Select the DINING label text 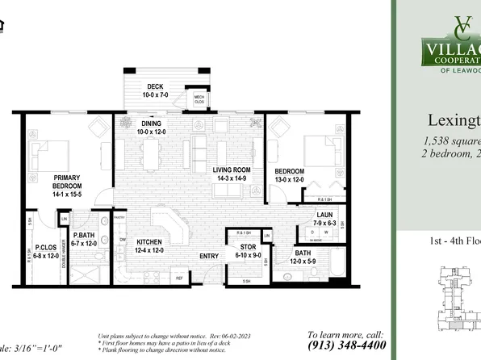pyautogui.click(x=150, y=123)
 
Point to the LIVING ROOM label pyautogui.click(x=230, y=170)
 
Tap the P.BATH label pyautogui.click(x=84, y=237)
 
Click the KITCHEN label pyautogui.click(x=150, y=242)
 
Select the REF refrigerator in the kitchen pyautogui.click(x=179, y=278)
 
